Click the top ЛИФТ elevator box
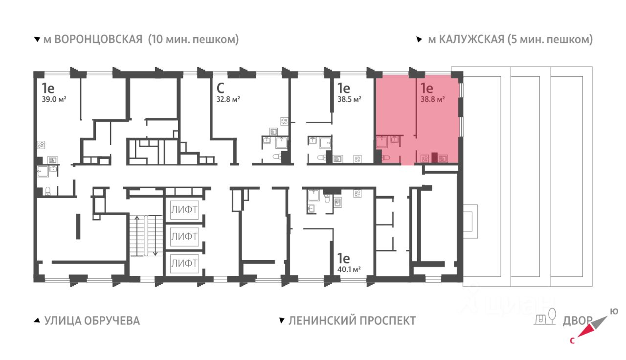(x=184, y=210)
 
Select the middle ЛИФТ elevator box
(x=184, y=236)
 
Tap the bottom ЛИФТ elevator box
(x=184, y=263)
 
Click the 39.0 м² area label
(x=54, y=99)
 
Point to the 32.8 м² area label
(x=228, y=99)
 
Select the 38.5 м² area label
(x=349, y=99)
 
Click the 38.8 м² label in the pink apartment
(x=433, y=99)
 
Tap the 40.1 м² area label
(x=349, y=270)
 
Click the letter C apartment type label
(x=220, y=89)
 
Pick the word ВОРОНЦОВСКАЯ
(x=98, y=40)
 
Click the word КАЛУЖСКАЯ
(x=471, y=40)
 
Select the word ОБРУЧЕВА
(x=112, y=320)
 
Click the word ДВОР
(x=578, y=321)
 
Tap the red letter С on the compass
(x=572, y=341)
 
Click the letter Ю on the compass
(x=614, y=312)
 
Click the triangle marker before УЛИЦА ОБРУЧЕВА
(x=37, y=320)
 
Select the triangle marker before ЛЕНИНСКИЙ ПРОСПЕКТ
(x=282, y=320)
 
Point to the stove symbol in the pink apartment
(x=425, y=159)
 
